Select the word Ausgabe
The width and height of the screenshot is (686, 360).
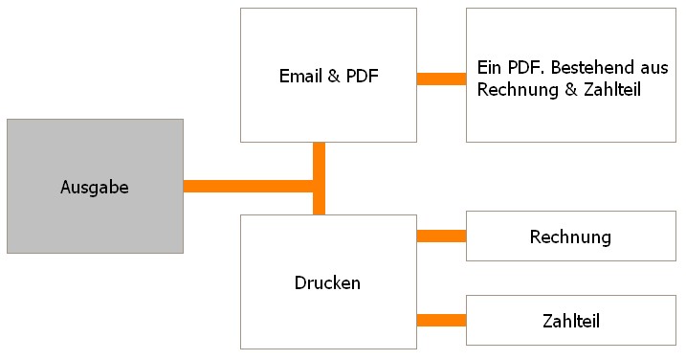tap(95, 188)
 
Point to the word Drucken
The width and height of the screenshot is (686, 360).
tap(327, 283)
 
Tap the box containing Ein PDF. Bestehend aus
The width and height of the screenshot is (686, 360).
tap(570, 115)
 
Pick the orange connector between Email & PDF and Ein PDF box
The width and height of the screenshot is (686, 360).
tap(441, 79)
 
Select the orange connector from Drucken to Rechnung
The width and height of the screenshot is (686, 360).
tap(441, 236)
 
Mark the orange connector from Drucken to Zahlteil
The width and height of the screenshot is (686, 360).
tap(441, 321)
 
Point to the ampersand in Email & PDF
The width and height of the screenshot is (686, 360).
tap(334, 77)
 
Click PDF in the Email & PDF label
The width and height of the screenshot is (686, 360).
tap(361, 77)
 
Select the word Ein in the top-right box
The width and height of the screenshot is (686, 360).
tap(487, 69)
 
